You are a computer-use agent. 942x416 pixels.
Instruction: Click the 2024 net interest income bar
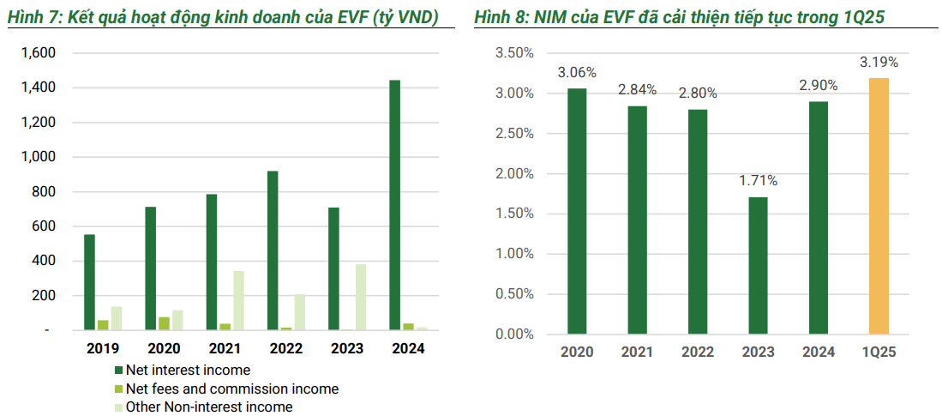pyautogui.click(x=395, y=205)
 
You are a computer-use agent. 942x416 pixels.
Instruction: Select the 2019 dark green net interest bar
pyautogui.click(x=89, y=282)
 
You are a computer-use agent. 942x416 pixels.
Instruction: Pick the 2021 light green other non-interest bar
pyautogui.click(x=238, y=300)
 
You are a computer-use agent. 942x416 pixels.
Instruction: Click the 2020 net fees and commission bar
pyautogui.click(x=164, y=323)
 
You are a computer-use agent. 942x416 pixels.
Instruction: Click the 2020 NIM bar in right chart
pyautogui.click(x=577, y=211)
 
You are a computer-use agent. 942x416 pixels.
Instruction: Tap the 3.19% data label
pyautogui.click(x=879, y=62)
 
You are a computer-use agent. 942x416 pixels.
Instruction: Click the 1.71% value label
pyautogui.click(x=758, y=180)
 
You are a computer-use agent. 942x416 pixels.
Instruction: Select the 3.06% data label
pyautogui.click(x=577, y=72)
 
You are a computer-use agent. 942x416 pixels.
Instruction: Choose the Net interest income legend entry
pyautogui.click(x=188, y=371)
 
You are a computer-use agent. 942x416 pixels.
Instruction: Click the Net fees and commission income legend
pyautogui.click(x=231, y=389)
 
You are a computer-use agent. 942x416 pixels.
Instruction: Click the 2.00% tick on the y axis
pyautogui.click(x=515, y=174)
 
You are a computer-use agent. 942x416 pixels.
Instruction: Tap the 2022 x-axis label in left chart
pyautogui.click(x=285, y=349)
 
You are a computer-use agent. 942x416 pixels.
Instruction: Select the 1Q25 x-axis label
pyautogui.click(x=879, y=352)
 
